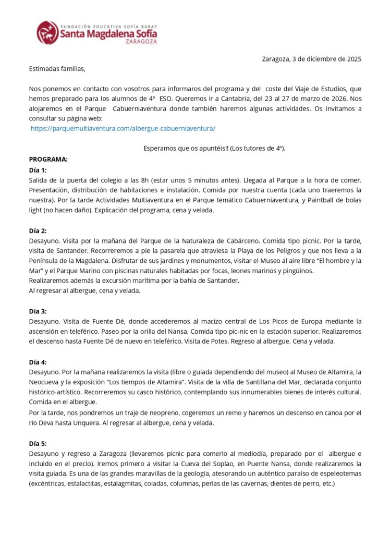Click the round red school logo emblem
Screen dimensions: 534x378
point(47,32)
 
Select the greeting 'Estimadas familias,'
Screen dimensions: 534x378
point(57,68)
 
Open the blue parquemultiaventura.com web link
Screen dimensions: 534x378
point(123,128)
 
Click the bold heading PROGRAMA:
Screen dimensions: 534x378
point(48,159)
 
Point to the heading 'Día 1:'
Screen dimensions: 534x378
point(38,170)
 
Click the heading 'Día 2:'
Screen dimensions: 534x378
point(38,230)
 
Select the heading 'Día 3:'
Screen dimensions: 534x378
point(38,311)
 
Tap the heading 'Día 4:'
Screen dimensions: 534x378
point(38,361)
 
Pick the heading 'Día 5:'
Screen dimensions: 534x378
point(38,443)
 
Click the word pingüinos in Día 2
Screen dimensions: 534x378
point(298,271)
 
